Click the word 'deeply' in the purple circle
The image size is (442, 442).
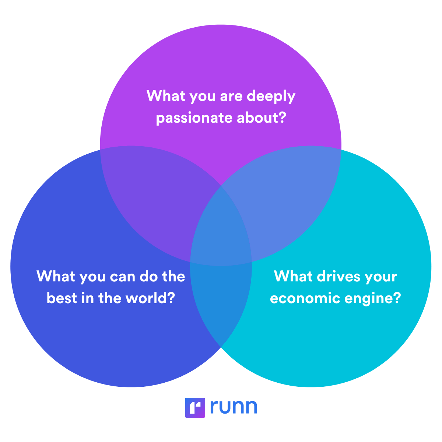coord(271,97)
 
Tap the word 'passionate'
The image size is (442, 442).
coord(194,118)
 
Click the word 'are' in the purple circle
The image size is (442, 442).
coord(231,97)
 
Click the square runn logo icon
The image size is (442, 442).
coord(195,408)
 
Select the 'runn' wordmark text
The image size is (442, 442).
coord(234,407)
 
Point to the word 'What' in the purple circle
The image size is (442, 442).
coord(166,95)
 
